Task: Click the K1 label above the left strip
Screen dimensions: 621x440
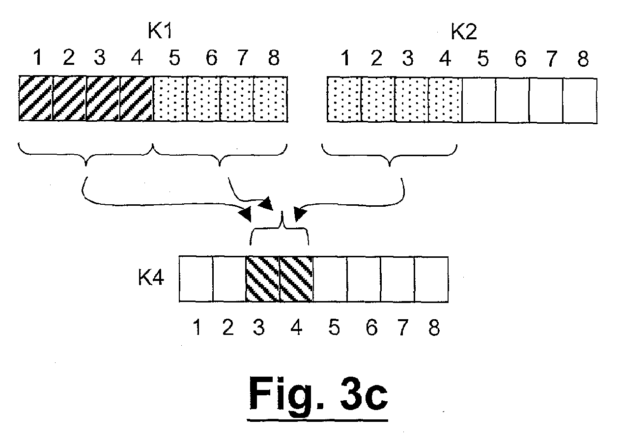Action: (x=160, y=31)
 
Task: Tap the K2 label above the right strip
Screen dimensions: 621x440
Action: (x=464, y=32)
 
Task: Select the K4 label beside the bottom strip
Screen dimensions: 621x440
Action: (x=151, y=277)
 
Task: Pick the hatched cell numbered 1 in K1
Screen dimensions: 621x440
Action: (x=35, y=99)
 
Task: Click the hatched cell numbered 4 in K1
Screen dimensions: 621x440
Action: (x=137, y=99)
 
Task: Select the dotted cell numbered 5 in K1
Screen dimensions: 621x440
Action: (x=170, y=99)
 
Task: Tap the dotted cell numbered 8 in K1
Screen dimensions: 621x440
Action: (x=271, y=99)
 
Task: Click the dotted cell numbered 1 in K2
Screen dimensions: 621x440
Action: (x=344, y=100)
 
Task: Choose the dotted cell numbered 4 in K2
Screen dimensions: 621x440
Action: (x=445, y=100)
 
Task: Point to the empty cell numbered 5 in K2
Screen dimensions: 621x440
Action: (x=479, y=100)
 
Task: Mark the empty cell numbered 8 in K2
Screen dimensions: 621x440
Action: (x=580, y=101)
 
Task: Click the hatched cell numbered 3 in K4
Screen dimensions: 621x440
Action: (x=262, y=279)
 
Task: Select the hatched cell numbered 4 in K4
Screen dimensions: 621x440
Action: (x=296, y=279)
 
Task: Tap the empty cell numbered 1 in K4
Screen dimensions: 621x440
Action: (x=196, y=279)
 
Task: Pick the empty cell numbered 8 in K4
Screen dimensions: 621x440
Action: (x=431, y=279)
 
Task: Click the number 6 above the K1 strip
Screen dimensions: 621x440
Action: (x=212, y=57)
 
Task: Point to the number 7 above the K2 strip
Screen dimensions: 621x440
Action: (x=552, y=58)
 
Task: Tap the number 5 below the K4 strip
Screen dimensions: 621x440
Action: (x=334, y=327)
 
